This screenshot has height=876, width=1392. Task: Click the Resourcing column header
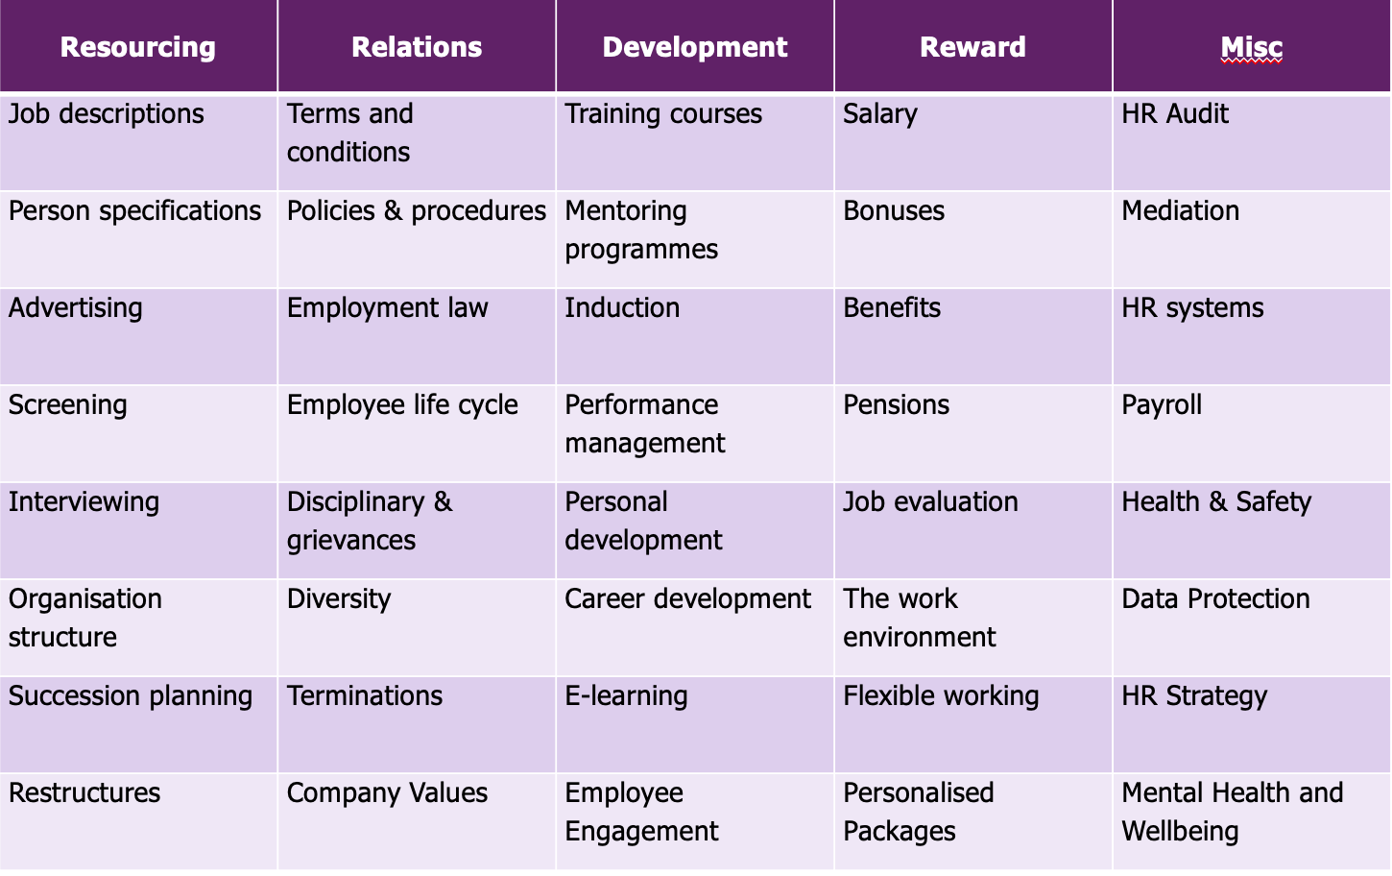[x=138, y=47]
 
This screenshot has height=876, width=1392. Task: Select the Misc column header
[x=1251, y=47]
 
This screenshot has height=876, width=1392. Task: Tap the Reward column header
[x=972, y=47]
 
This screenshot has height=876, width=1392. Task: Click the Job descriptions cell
[x=107, y=114]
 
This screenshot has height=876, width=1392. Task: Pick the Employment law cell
[x=387, y=308]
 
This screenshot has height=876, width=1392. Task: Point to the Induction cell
[x=622, y=308]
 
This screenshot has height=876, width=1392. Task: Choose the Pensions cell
[x=896, y=405]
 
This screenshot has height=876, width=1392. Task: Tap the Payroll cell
[x=1162, y=405]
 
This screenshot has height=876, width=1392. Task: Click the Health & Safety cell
[x=1215, y=502]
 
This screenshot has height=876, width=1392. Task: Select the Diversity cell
[x=339, y=599]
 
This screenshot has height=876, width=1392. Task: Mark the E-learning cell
[x=626, y=696]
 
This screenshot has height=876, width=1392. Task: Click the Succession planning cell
[x=131, y=696]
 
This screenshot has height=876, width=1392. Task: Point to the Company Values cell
[x=387, y=793]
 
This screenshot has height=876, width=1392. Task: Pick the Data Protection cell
[x=1215, y=599]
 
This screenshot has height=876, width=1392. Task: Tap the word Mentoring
[x=625, y=211]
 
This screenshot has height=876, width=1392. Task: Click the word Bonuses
[x=894, y=211]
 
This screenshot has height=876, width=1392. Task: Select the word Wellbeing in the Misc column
[x=1180, y=832]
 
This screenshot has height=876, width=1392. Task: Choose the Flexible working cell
[x=941, y=696]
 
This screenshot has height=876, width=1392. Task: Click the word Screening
[x=68, y=405]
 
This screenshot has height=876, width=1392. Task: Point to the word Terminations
[x=365, y=696]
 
